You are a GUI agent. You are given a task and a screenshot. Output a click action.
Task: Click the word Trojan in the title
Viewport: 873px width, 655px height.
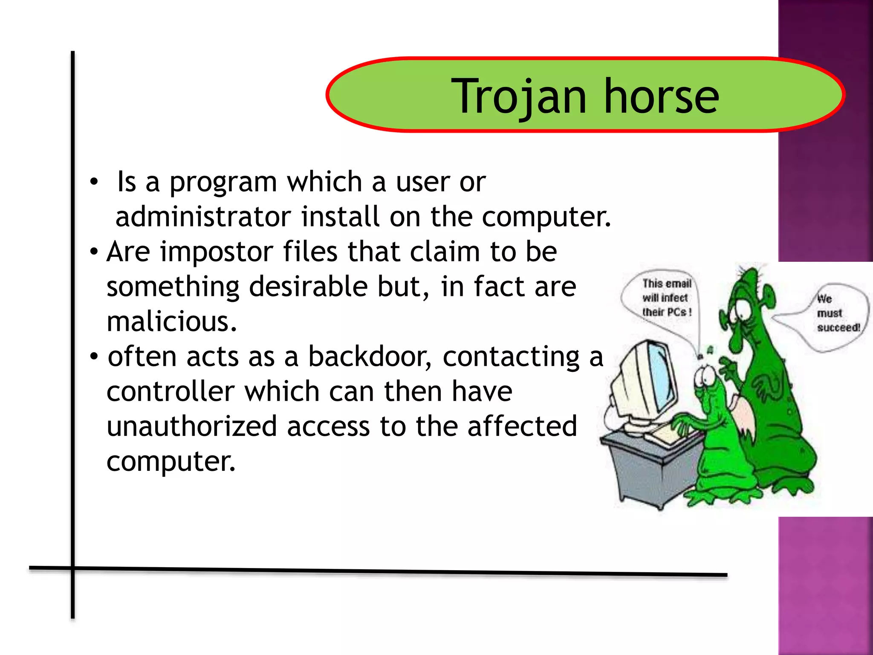pos(518,97)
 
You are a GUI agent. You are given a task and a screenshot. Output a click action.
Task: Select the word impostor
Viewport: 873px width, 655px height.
pos(216,252)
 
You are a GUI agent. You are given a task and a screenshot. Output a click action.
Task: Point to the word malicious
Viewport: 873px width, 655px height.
pos(171,322)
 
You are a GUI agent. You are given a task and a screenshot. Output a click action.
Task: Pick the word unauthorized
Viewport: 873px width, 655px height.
pos(191,426)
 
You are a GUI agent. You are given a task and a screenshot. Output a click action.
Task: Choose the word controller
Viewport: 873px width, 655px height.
pos(171,391)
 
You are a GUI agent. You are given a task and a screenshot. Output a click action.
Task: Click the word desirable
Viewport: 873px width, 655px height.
pos(308,287)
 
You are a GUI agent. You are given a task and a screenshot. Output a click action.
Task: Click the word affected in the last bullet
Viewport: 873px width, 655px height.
pos(522,426)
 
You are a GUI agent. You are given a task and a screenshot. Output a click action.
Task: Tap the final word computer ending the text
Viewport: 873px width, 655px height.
pos(171,461)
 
